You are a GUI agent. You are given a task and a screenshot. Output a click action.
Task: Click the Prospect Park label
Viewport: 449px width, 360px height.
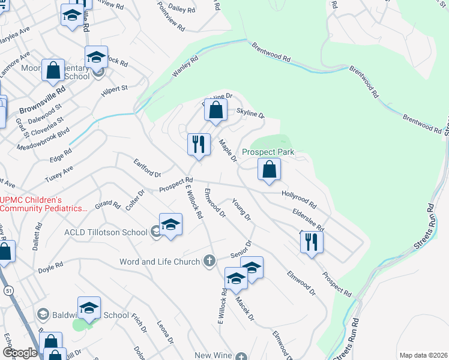click(268, 152)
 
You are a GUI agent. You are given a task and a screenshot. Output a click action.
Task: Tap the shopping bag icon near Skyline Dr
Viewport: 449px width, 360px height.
click(216, 110)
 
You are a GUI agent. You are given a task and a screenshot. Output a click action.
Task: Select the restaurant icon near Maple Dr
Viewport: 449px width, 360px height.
click(199, 144)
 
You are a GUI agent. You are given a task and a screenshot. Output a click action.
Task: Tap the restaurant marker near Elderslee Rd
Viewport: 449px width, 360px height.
click(312, 242)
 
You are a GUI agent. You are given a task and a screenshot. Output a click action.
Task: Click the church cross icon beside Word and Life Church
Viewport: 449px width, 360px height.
click(209, 261)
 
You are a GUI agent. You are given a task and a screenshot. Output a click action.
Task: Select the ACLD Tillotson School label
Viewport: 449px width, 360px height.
click(106, 232)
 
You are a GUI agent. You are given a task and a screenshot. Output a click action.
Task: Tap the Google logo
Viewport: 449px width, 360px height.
click(20, 353)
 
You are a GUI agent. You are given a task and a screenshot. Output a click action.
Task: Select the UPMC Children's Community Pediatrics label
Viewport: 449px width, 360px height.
click(43, 204)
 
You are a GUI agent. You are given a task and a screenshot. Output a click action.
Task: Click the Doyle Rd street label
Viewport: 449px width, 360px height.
click(51, 265)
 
